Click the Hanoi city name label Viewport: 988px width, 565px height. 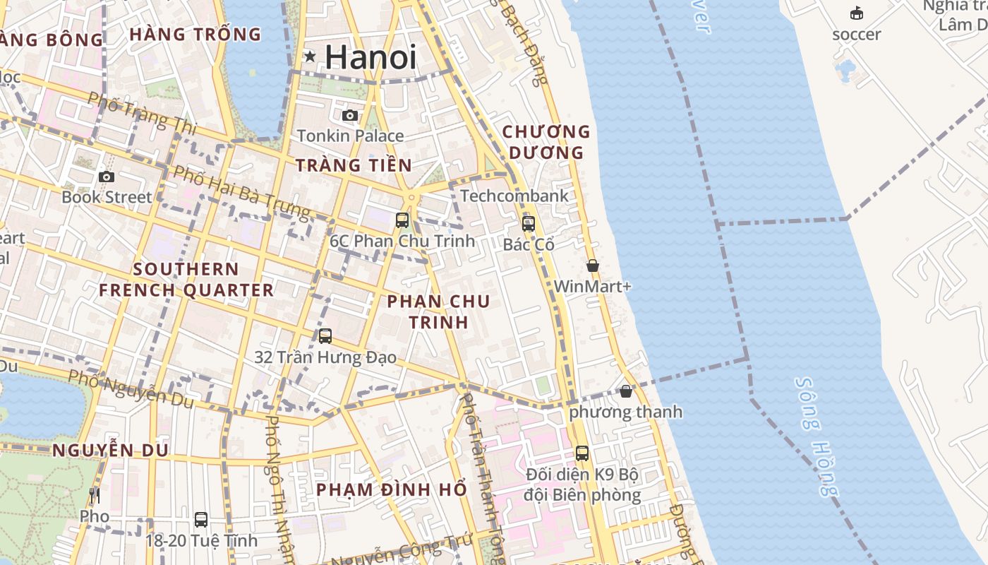(x=370, y=56)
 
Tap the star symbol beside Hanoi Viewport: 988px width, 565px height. (x=310, y=56)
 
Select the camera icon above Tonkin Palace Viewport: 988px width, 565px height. (x=350, y=115)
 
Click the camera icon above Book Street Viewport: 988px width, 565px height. (x=107, y=177)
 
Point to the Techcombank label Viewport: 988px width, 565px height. (x=514, y=196)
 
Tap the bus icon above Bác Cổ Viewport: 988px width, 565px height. (x=529, y=224)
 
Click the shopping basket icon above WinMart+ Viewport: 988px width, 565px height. (x=593, y=266)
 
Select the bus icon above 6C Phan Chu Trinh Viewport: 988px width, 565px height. (x=402, y=220)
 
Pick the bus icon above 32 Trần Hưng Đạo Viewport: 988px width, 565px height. (x=325, y=336)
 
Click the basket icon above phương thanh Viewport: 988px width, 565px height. (x=626, y=391)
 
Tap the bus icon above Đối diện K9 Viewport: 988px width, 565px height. (x=582, y=453)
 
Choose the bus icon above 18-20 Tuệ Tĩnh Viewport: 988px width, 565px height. (x=201, y=520)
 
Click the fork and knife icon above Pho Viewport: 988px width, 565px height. (x=95, y=495)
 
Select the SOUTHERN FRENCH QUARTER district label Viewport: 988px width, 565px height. (x=186, y=280)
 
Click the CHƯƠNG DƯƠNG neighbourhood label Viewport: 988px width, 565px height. (x=546, y=142)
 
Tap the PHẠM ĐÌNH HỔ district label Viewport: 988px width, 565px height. (x=391, y=489)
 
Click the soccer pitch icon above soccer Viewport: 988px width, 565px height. (x=857, y=13)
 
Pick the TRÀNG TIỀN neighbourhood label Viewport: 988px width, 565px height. (x=353, y=165)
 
